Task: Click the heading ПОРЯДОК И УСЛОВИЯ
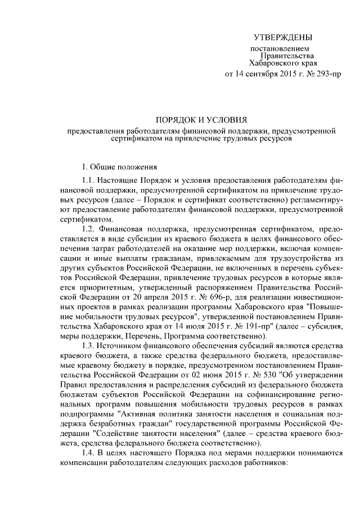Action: coord(201,119)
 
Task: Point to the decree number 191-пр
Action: coord(244,327)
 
